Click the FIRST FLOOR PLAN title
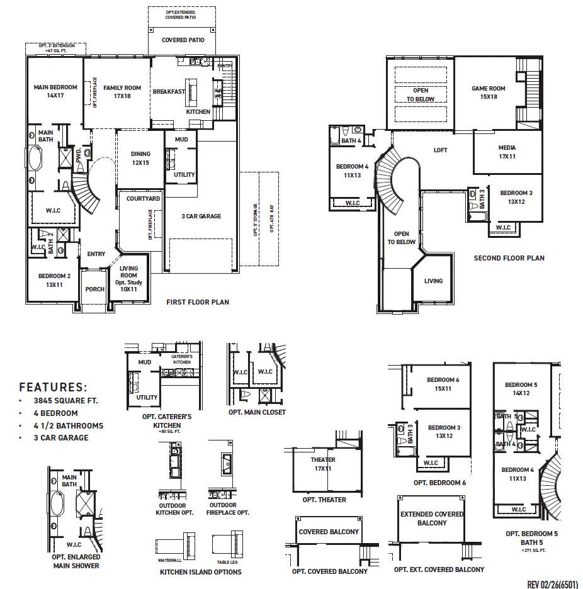(x=198, y=302)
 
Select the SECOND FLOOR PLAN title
(x=509, y=258)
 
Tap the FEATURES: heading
(x=53, y=388)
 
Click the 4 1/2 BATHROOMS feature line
(x=69, y=425)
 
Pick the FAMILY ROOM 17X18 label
(x=122, y=92)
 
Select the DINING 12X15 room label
(x=140, y=158)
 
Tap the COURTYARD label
(x=143, y=199)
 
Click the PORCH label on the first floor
(x=95, y=290)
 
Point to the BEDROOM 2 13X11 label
(x=54, y=280)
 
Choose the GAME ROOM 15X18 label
(x=489, y=93)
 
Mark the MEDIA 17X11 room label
(x=507, y=152)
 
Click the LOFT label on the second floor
(x=440, y=150)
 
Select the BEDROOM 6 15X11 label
(x=443, y=384)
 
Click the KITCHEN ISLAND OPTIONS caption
(x=200, y=572)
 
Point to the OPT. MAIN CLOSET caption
(x=257, y=412)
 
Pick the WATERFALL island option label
(x=170, y=559)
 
